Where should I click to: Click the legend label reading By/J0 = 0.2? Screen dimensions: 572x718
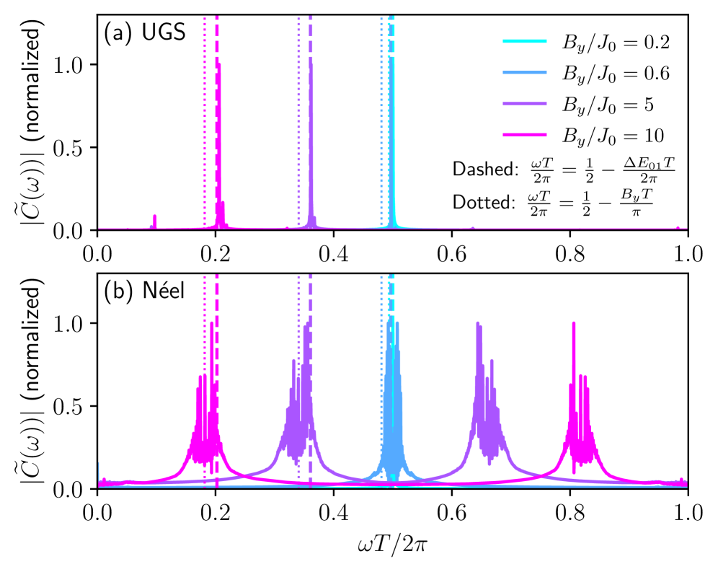tap(616, 43)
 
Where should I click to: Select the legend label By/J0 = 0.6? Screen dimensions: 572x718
tap(616, 74)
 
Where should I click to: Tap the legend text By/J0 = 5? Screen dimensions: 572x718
tap(608, 105)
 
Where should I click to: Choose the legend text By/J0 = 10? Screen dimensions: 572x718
tap(612, 136)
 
